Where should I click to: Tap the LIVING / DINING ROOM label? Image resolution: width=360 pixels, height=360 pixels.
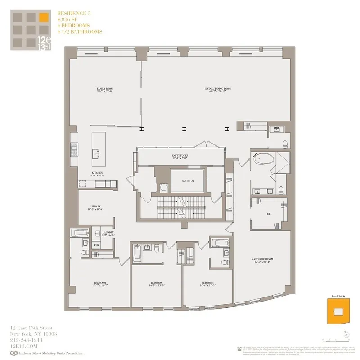coord(217,89)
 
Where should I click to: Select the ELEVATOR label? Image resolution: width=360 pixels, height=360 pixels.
coord(188,181)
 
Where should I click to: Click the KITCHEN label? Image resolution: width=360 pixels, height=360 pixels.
coord(98,173)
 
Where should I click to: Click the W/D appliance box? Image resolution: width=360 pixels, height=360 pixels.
coord(96,245)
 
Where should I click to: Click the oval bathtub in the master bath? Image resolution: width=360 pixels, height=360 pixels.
coord(261,159)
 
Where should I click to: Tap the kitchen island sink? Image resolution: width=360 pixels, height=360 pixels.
coord(96,153)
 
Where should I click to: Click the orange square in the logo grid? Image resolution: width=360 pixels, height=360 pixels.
coord(43,18)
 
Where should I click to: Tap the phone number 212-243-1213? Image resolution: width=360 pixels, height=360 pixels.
coord(28,340)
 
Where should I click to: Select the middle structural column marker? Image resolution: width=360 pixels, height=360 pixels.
coord(184,129)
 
